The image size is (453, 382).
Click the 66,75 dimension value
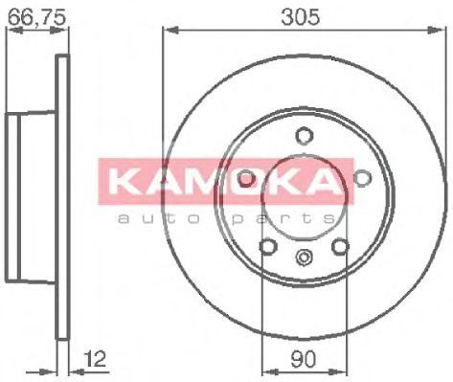point(36,17)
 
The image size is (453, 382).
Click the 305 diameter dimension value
point(300,16)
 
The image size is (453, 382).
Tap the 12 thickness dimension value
point(95,360)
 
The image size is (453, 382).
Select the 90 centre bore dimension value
point(303,359)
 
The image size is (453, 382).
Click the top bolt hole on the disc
point(304,136)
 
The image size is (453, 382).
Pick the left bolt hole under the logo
point(247,178)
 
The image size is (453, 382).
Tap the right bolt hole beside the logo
point(362,178)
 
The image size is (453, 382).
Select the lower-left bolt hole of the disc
point(267,246)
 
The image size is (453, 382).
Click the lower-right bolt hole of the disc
point(339,246)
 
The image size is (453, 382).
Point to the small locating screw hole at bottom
point(304,257)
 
